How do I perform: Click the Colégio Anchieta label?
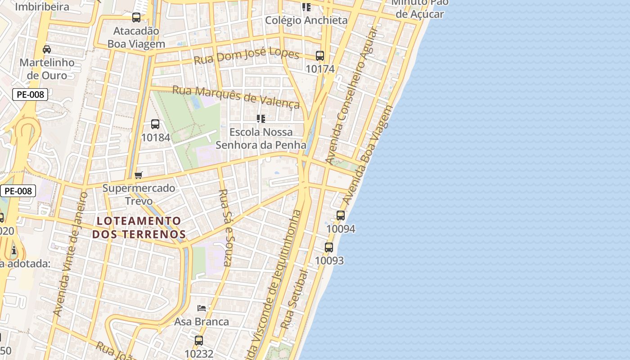pyautogui.click(x=306, y=20)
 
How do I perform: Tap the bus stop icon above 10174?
pyautogui.click(x=320, y=56)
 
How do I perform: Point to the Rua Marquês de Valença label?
pyautogui.click(x=236, y=97)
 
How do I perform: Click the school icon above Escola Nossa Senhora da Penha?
pyautogui.click(x=261, y=119)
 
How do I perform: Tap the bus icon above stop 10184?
pyautogui.click(x=155, y=124)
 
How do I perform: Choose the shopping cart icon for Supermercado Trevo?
pyautogui.click(x=139, y=175)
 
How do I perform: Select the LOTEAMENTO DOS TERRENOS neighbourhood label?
pyautogui.click(x=139, y=228)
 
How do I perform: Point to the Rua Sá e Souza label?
pyautogui.click(x=225, y=227)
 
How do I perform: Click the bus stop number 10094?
pyautogui.click(x=341, y=229)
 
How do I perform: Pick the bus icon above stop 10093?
pyautogui.click(x=329, y=247)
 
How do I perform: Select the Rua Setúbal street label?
pyautogui.click(x=295, y=299)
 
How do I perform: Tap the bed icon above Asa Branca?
pyautogui.click(x=202, y=308)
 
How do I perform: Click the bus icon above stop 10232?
pyautogui.click(x=199, y=341)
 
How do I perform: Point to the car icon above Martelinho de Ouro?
pyautogui.click(x=47, y=49)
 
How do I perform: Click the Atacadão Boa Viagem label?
pyautogui.click(x=136, y=37)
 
